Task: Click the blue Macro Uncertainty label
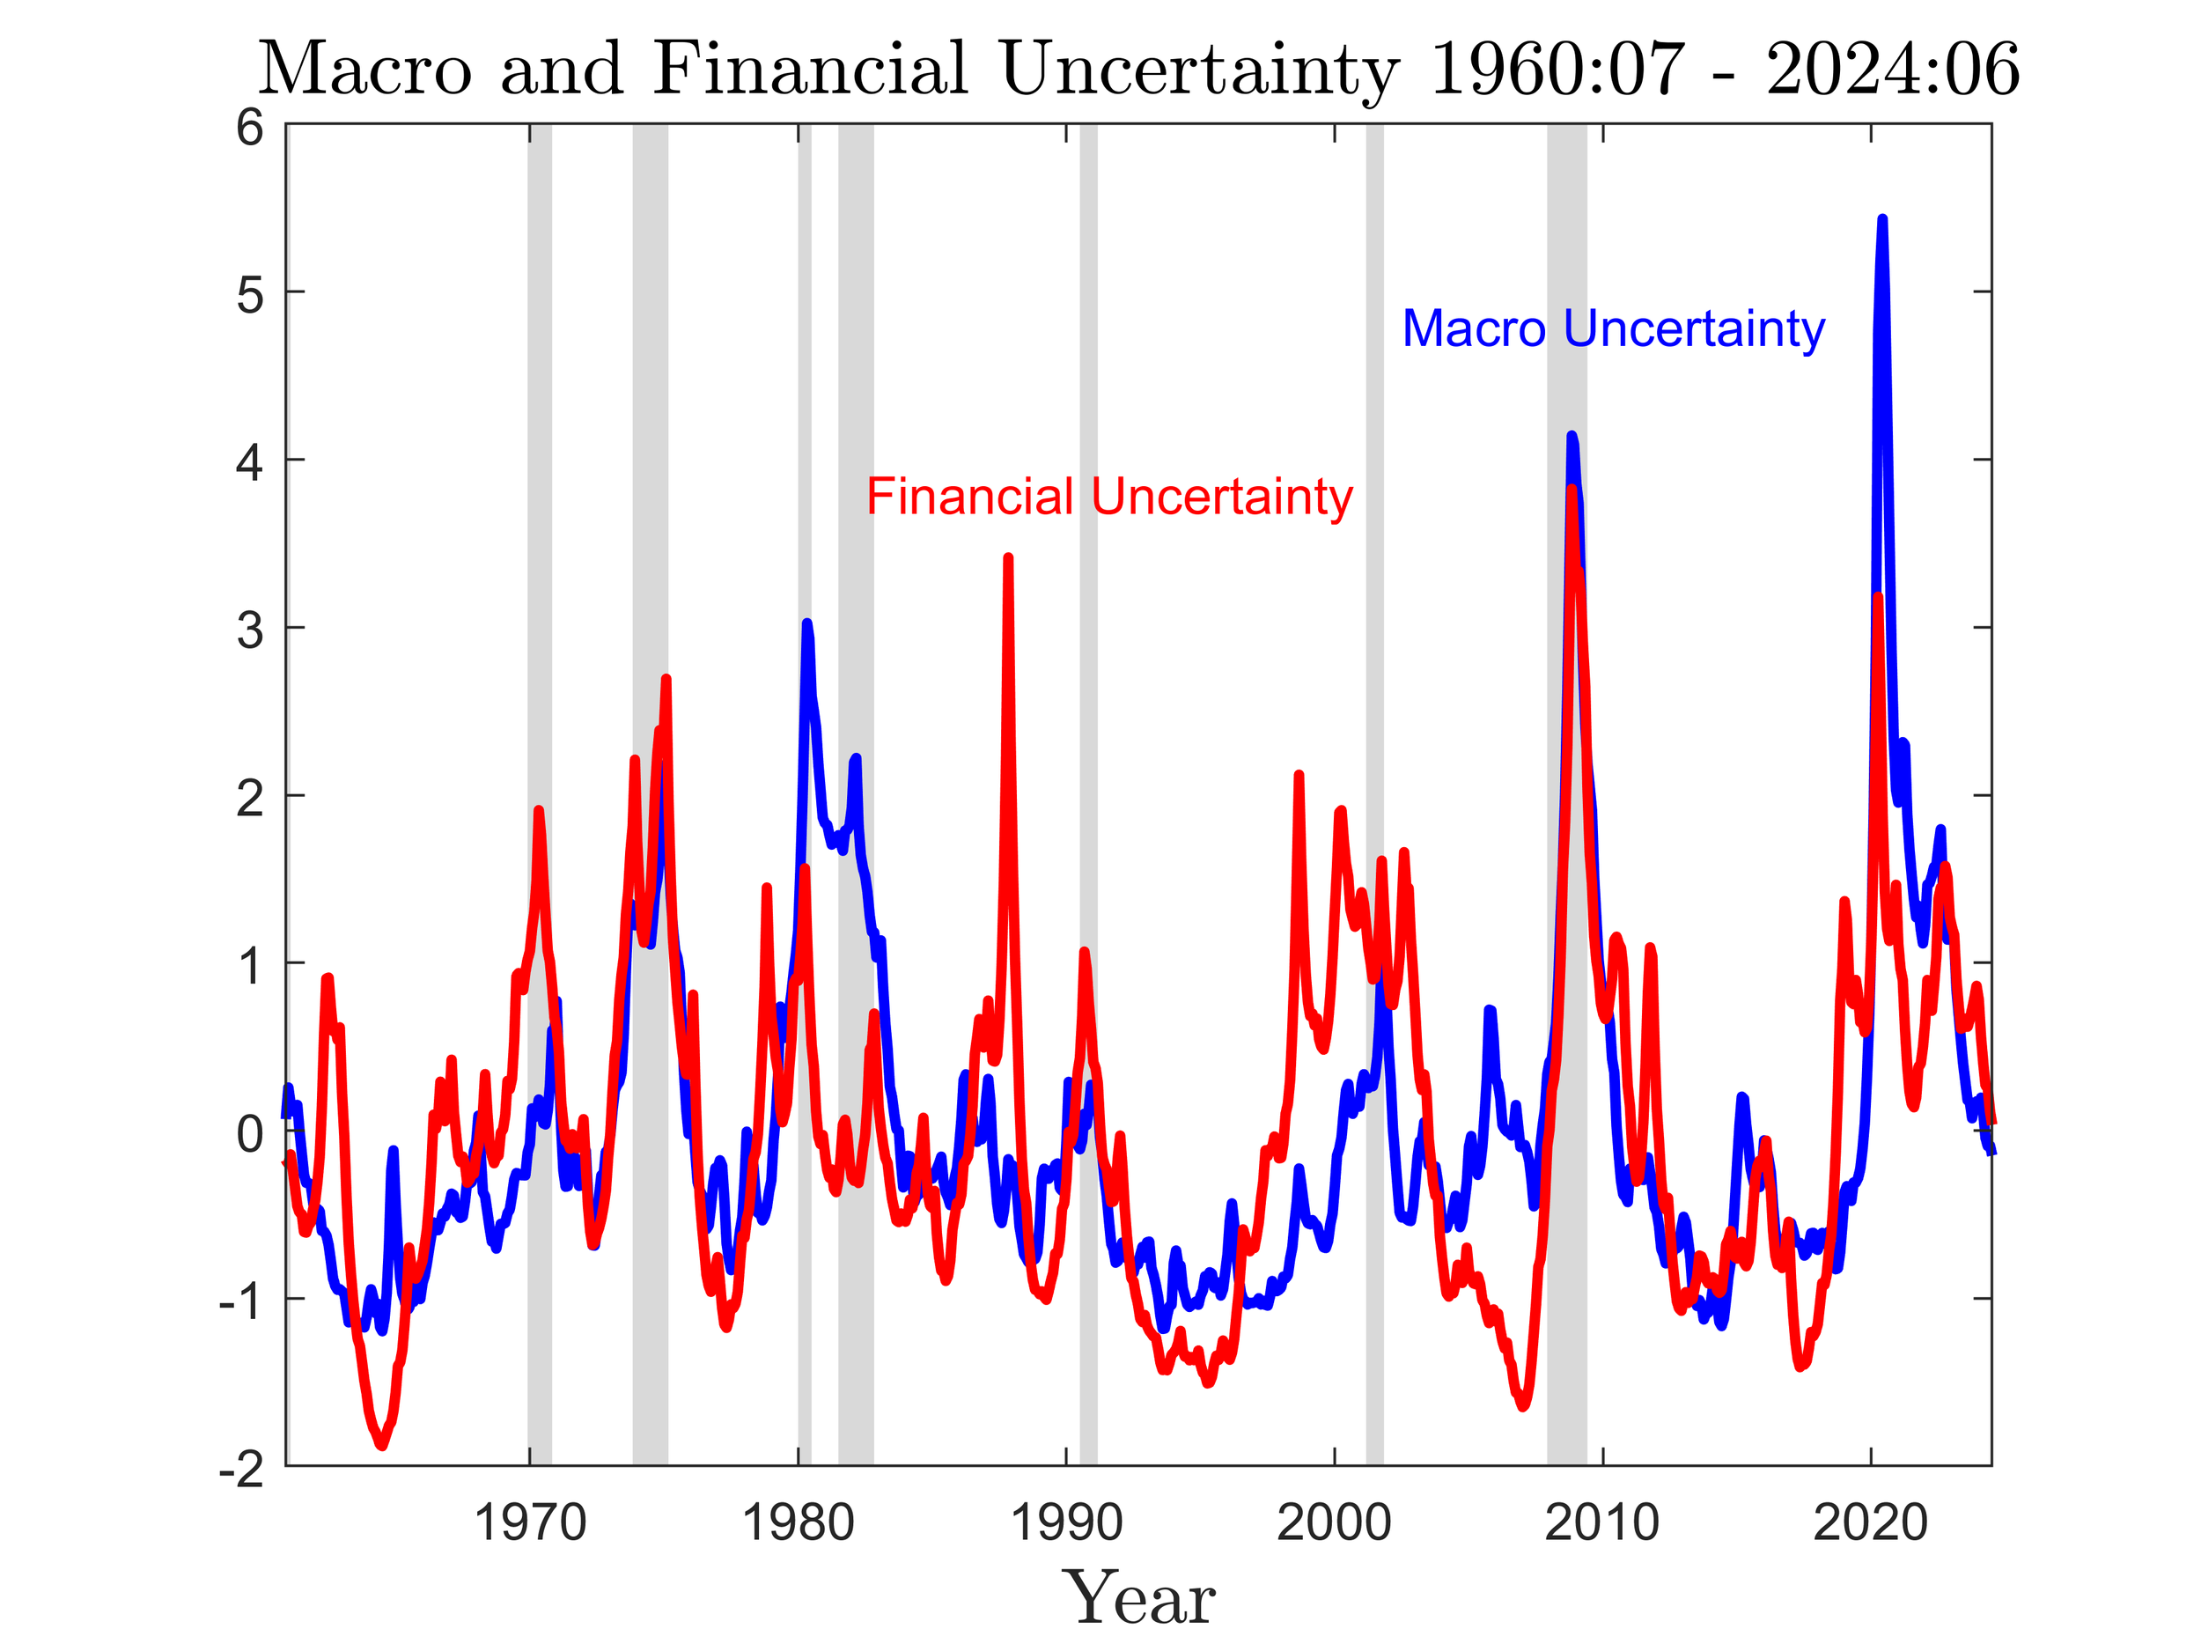(1613, 329)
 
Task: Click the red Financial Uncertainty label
(1109, 497)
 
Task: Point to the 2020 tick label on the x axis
(1871, 1523)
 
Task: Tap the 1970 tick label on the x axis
(529, 1523)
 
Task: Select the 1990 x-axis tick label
(1065, 1523)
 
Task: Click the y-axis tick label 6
(250, 129)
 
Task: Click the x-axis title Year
(1139, 1599)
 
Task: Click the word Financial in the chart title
(810, 70)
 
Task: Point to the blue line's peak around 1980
(807, 623)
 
